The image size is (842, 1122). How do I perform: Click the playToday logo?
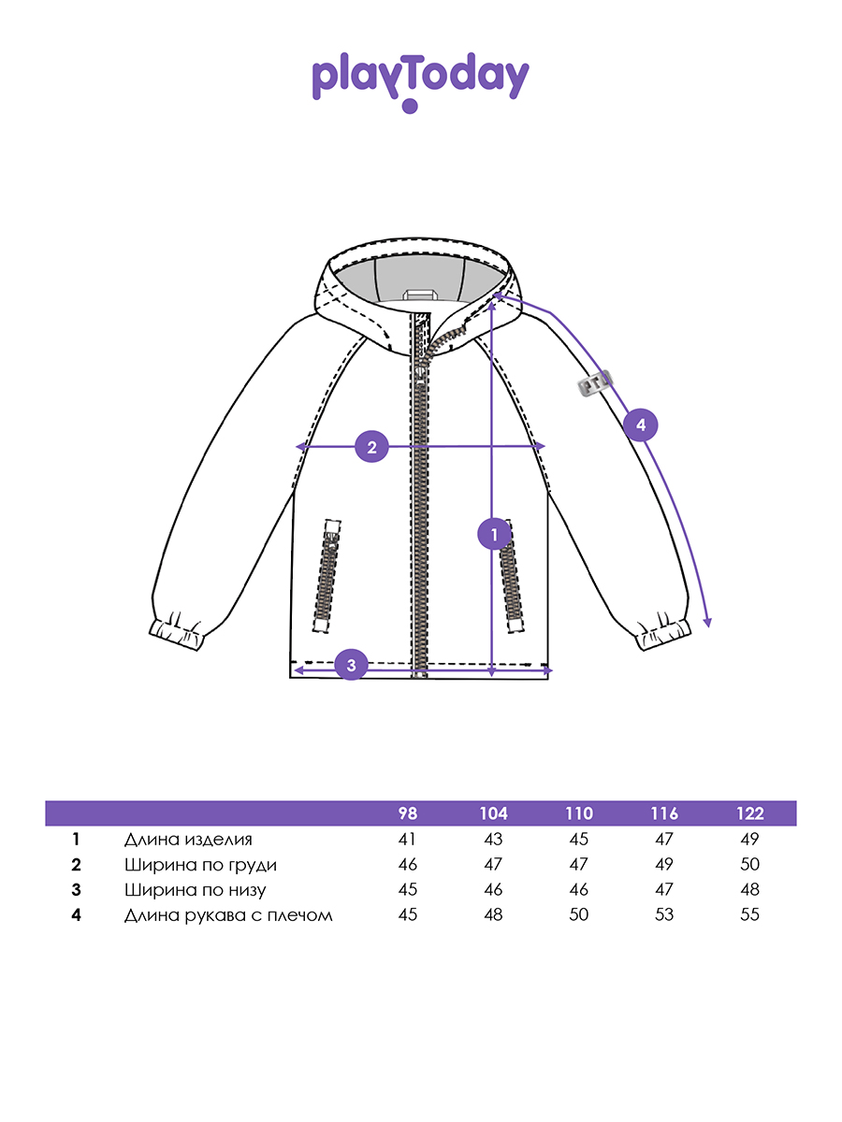click(x=420, y=80)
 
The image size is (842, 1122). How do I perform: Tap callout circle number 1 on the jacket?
click(x=493, y=535)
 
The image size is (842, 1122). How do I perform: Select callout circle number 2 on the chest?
click(x=371, y=447)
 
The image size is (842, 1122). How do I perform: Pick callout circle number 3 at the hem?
click(x=351, y=666)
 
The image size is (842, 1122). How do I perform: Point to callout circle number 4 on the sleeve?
click(x=641, y=425)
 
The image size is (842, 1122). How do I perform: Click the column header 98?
click(x=407, y=813)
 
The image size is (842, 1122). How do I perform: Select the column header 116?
click(x=664, y=813)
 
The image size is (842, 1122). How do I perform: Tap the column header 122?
click(x=749, y=813)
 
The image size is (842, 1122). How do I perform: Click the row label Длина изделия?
click(x=188, y=840)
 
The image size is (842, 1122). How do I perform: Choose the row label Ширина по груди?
click(x=200, y=865)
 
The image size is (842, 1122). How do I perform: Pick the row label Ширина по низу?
click(x=195, y=890)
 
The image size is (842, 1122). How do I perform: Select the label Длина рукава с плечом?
click(x=228, y=915)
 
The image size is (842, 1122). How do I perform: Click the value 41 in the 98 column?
click(x=407, y=840)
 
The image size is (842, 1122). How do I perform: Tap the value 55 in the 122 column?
click(x=749, y=915)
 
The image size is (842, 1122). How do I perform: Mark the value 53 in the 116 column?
click(x=664, y=915)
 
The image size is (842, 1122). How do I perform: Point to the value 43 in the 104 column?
click(x=493, y=840)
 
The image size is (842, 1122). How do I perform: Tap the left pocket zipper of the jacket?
click(x=328, y=572)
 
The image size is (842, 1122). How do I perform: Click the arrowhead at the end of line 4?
click(x=708, y=624)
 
